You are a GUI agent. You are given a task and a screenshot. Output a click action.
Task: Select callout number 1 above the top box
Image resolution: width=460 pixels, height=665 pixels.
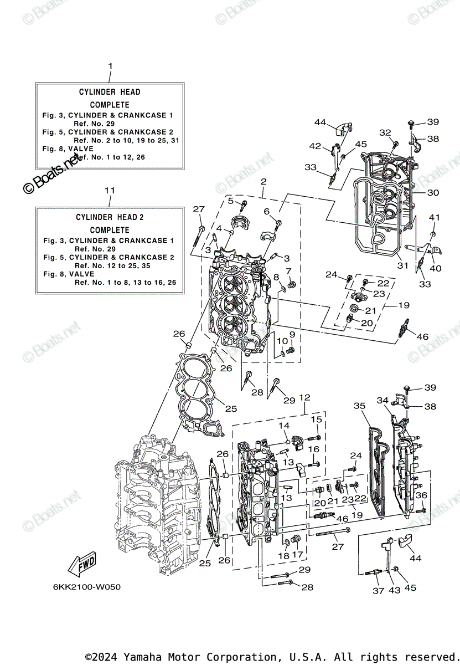pos(110,66)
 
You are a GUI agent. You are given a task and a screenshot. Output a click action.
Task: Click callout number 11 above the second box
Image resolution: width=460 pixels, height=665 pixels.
pos(110,190)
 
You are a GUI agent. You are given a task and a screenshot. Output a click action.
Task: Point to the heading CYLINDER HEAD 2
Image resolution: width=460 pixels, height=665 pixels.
pos(110,217)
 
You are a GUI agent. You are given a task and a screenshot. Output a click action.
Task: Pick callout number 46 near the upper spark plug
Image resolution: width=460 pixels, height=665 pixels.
pos(422,336)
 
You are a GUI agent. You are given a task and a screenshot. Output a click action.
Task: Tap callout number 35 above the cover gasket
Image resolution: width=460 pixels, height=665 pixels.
pos(360,406)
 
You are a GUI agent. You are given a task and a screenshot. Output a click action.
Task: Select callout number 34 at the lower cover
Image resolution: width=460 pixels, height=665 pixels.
pos(383,400)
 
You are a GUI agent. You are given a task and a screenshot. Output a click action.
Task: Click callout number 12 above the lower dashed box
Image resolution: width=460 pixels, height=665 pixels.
pos(304,397)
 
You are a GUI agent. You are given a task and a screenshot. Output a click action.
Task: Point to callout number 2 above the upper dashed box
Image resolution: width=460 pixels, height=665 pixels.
pos(263,181)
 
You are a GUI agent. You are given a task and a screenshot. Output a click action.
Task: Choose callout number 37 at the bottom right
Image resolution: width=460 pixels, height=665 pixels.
pos(378,591)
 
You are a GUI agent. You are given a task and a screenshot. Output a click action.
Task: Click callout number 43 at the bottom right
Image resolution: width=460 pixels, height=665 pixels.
pos(394,591)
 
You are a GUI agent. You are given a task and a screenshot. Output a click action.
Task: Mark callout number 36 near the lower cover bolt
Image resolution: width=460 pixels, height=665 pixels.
pos(422,495)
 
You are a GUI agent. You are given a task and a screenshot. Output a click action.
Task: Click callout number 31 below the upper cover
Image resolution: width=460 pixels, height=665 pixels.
pos(403,265)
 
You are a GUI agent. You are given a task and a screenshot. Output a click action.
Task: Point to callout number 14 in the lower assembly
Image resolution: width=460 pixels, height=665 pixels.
pos(284,426)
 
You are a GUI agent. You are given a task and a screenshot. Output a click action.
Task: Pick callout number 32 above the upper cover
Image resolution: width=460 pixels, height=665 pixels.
pos(385,132)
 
